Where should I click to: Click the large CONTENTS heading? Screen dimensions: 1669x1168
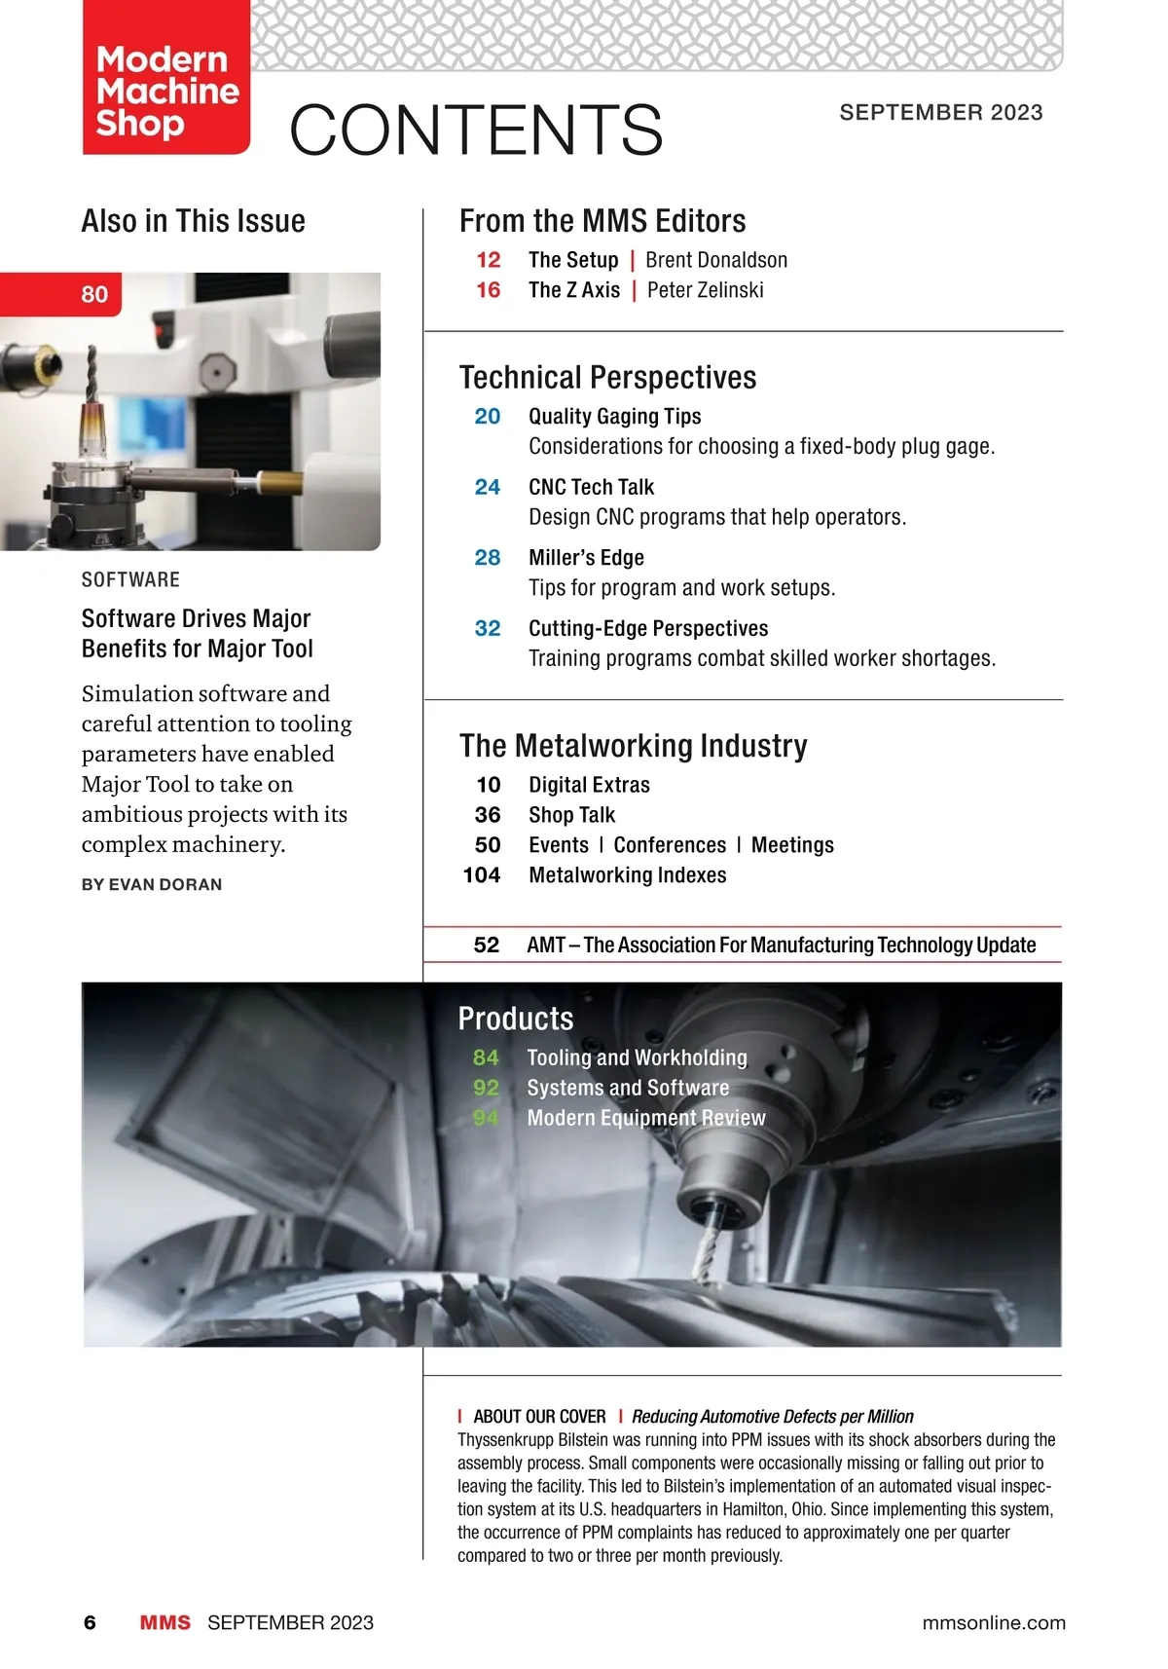pos(476,130)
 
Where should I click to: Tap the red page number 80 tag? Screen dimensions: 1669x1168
pos(94,294)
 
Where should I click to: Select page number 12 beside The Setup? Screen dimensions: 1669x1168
pos(489,260)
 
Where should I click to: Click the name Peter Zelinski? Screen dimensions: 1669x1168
pos(705,290)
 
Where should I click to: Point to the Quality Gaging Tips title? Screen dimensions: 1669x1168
pos(614,417)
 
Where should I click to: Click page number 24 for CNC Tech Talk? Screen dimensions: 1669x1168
pos(488,487)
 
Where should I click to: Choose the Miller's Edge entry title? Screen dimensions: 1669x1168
pos(586,558)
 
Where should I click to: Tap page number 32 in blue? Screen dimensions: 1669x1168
pos(488,629)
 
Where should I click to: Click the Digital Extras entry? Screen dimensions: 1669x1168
pos(589,785)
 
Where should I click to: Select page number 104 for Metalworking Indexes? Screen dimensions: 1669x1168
pos(482,875)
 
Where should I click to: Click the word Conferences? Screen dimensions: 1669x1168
pos(670,845)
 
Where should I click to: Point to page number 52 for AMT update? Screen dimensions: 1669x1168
pos(487,945)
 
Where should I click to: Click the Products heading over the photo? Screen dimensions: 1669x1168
pos(516,1019)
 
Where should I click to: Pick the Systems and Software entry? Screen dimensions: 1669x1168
pos(628,1088)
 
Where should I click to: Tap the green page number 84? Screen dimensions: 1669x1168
pos(486,1057)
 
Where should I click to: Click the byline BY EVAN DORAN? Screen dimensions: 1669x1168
pos(152,884)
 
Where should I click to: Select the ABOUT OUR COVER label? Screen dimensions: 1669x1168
pos(539,1417)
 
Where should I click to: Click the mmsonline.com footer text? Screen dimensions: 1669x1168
pos(994,1622)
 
